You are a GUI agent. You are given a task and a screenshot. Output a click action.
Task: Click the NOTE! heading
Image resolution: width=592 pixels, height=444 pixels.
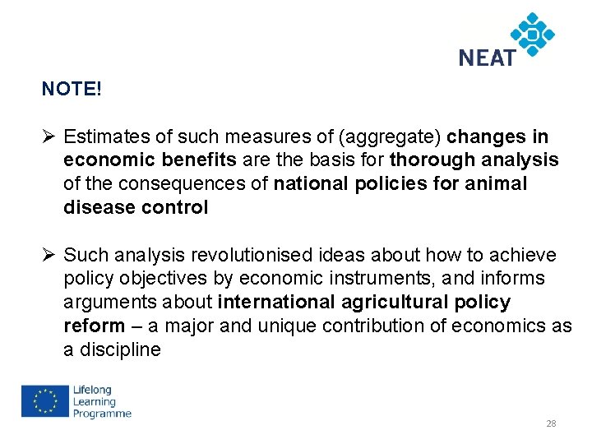(72, 89)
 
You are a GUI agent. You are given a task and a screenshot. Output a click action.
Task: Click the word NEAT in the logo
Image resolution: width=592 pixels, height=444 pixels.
(487, 58)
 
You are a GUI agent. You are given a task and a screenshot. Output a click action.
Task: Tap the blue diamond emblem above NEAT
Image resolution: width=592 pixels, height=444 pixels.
(532, 34)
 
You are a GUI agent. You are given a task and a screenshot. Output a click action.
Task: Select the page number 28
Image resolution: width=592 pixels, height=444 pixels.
(551, 423)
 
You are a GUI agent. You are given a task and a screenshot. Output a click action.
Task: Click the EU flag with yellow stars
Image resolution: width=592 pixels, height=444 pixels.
(45, 402)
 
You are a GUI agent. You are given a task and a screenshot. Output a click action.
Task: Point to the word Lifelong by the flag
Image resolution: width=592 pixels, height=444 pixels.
(91, 390)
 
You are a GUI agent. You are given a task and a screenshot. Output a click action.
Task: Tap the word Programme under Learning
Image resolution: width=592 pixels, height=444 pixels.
(102, 414)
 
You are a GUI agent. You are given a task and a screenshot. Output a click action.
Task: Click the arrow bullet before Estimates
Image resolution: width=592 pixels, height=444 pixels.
(49, 136)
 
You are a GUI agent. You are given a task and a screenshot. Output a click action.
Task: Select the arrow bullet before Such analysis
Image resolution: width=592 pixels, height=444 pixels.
(49, 256)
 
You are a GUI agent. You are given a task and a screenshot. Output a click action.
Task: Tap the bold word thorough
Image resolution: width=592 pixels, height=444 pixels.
(432, 160)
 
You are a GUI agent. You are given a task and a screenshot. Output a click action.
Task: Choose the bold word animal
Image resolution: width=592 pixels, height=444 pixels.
(498, 184)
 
